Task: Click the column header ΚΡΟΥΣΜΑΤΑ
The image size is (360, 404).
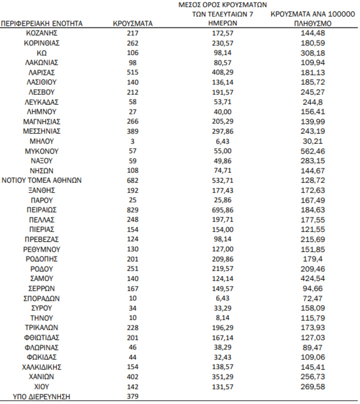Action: click(x=132, y=23)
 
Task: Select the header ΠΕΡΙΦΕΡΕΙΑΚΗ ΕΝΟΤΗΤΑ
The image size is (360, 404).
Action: click(x=42, y=23)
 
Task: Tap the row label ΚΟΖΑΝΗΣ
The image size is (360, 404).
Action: click(x=42, y=33)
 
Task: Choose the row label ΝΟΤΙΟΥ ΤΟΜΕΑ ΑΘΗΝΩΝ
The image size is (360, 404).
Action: click(x=42, y=180)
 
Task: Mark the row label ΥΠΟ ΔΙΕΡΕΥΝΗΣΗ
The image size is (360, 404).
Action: click(x=42, y=397)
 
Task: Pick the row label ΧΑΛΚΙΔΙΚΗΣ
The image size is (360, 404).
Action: click(x=42, y=368)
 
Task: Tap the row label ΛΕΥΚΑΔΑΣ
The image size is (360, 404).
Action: click(x=42, y=102)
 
